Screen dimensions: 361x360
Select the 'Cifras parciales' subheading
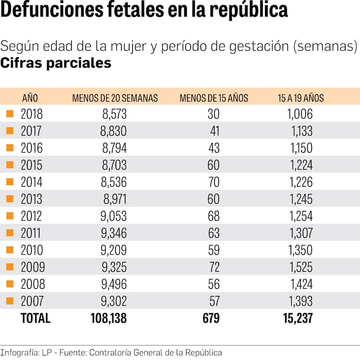[56, 63]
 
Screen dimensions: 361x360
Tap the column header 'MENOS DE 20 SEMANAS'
[115, 98]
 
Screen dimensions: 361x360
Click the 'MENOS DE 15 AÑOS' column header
[214, 98]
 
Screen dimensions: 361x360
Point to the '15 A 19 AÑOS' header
[300, 98]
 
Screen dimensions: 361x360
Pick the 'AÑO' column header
[30, 98]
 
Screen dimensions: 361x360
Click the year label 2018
[31, 114]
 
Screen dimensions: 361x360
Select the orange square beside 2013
[10, 199]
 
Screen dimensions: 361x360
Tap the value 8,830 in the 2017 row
[114, 131]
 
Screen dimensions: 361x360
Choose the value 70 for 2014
[214, 182]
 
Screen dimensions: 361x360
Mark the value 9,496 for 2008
[114, 284]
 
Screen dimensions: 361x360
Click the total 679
[210, 318]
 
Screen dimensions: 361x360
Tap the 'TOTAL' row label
[36, 318]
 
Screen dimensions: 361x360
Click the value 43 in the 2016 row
[214, 148]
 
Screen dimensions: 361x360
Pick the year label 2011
[31, 233]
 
